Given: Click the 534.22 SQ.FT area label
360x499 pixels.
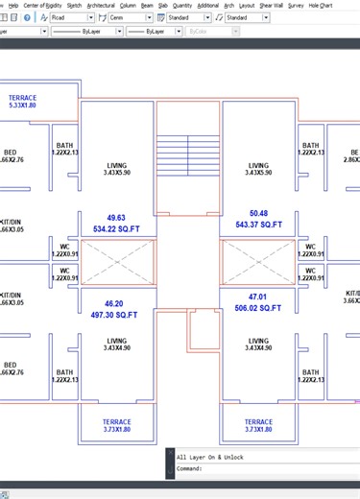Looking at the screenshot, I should point(117,229).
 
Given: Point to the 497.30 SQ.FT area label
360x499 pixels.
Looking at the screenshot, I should point(114,315).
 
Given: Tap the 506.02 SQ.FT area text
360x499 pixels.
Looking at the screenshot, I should point(258,309).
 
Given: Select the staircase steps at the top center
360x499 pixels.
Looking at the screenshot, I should point(188,154).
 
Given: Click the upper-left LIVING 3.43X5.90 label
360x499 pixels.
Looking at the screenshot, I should point(116,169).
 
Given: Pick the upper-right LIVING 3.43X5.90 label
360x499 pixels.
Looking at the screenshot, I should point(258,169).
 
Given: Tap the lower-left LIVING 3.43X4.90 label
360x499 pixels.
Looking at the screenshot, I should point(116,345).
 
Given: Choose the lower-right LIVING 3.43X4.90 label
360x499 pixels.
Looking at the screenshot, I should point(258,345).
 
